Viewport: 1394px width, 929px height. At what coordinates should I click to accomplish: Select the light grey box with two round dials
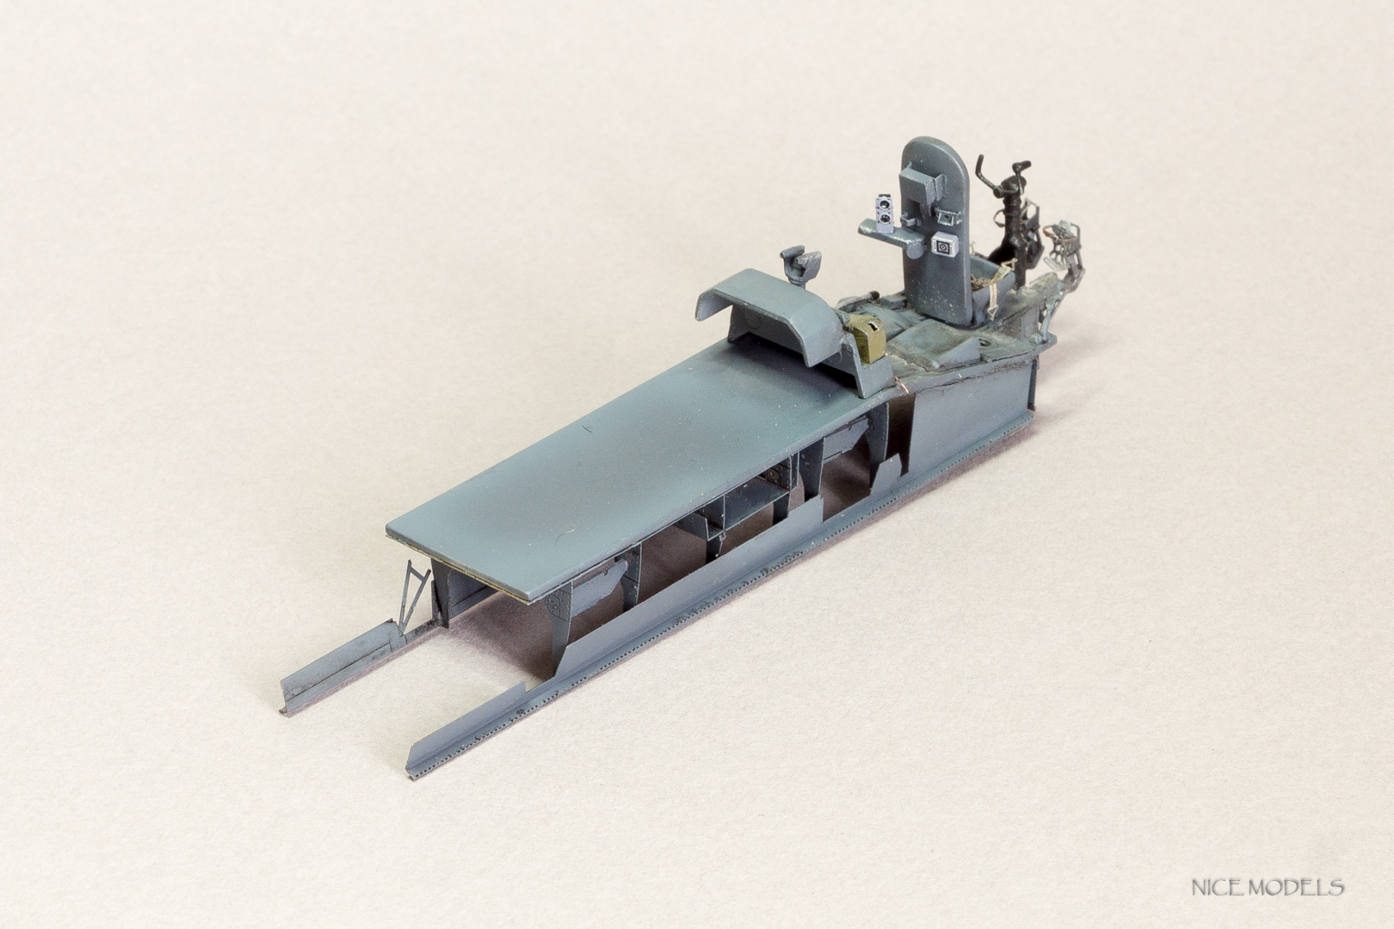886,212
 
